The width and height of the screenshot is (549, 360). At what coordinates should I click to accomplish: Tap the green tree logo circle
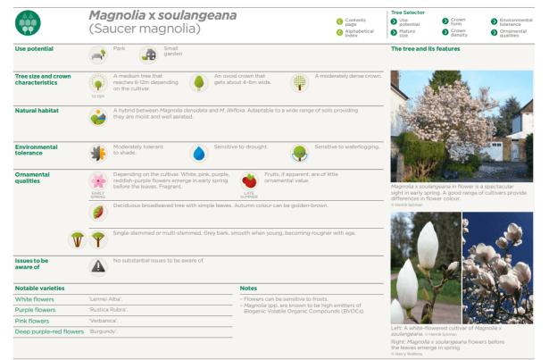29,21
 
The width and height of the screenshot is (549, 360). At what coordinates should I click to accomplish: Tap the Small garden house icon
148,54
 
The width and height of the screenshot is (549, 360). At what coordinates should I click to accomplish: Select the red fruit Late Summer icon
249,181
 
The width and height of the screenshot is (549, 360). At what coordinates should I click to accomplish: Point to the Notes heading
249,288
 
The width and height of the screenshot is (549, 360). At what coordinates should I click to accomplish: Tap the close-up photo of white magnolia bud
425,265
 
